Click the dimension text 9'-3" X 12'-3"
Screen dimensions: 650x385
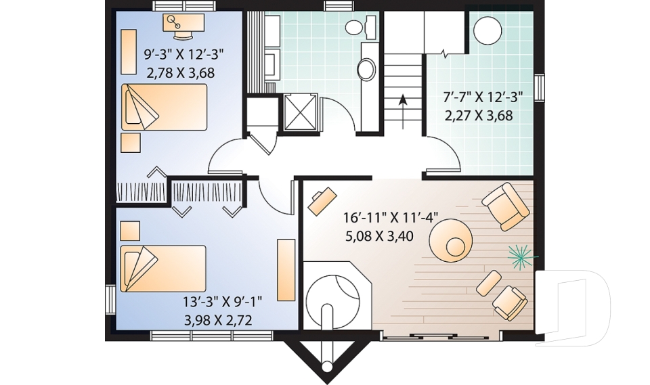coord(183,54)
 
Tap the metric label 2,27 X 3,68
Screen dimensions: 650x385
coord(479,116)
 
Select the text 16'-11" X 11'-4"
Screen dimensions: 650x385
coord(390,217)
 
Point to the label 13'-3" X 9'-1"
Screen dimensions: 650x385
coord(223,301)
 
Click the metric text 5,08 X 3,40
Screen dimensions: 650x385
coord(379,236)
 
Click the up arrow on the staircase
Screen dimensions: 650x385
coord(402,112)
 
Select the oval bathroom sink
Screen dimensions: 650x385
coord(367,68)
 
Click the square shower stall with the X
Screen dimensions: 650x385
coord(301,112)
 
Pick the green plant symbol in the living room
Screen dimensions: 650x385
coord(521,257)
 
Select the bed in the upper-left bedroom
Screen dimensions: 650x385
coord(164,108)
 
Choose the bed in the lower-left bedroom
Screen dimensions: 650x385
coord(163,269)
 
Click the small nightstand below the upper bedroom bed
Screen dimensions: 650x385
coord(131,143)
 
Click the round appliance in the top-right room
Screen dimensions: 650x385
coord(487,30)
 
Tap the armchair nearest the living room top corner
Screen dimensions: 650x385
coord(505,206)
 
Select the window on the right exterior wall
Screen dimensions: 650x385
coord(539,87)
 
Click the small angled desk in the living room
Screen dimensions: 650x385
coord(322,202)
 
